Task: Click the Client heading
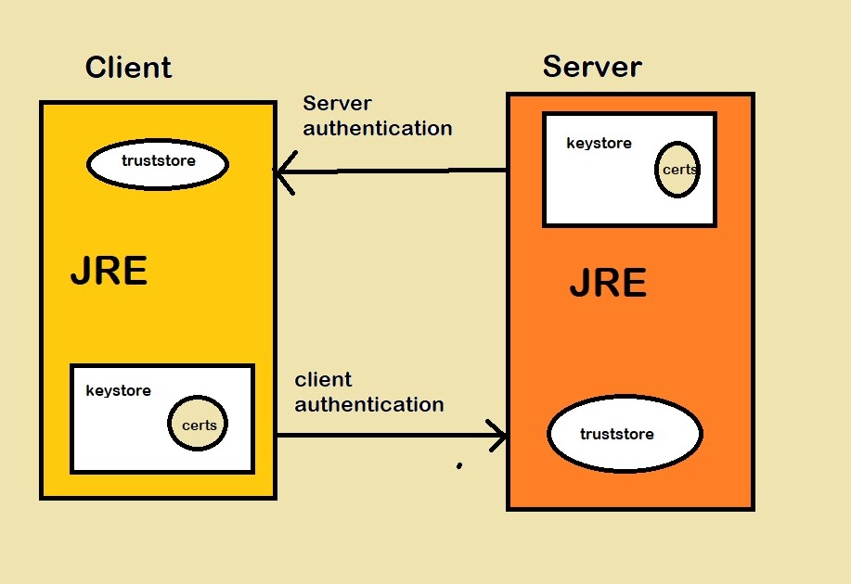[x=128, y=68]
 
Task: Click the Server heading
[x=592, y=67]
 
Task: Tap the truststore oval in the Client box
[x=158, y=163]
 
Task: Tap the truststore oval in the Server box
[x=625, y=434]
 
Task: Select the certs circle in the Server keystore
[x=677, y=170]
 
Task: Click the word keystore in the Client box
[x=118, y=390]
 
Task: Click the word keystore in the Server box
[x=599, y=144]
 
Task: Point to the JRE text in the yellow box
[x=109, y=273]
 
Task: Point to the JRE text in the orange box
[x=608, y=284]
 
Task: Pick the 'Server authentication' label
[x=377, y=116]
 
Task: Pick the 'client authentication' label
[x=368, y=392]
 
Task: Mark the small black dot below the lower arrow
[x=458, y=466]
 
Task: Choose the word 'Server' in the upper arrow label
[x=337, y=103]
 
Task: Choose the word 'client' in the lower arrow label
[x=323, y=380]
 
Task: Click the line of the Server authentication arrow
[x=399, y=171]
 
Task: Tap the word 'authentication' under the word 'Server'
[x=377, y=128]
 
